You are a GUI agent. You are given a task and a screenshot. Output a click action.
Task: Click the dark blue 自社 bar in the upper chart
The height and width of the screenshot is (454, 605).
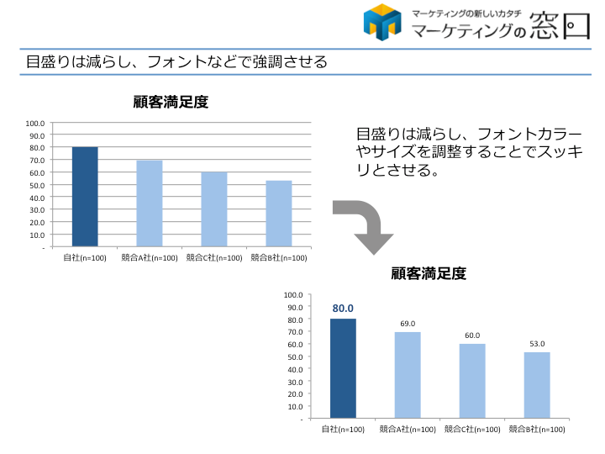click(x=85, y=197)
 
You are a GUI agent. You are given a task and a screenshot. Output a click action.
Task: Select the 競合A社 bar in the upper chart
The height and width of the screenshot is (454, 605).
click(x=150, y=203)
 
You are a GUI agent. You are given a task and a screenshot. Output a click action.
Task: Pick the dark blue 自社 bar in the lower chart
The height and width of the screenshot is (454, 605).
click(x=343, y=367)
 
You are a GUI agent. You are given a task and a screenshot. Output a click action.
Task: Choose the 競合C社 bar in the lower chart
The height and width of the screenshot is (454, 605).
click(x=472, y=380)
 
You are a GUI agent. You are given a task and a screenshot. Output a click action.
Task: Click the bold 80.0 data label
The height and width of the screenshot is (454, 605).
click(x=343, y=309)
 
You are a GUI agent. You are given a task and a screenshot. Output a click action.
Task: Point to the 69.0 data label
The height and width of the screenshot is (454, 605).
click(x=408, y=324)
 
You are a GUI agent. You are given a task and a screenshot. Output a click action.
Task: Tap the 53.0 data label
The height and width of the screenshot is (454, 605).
click(x=537, y=344)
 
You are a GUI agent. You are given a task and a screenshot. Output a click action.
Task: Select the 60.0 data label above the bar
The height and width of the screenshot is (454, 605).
click(x=472, y=335)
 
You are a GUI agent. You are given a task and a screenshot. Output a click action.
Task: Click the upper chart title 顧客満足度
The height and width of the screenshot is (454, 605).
click(x=171, y=103)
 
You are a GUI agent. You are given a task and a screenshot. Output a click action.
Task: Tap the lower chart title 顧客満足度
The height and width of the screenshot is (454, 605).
click(x=429, y=273)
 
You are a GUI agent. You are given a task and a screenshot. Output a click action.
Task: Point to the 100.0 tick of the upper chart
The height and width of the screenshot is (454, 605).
click(x=35, y=123)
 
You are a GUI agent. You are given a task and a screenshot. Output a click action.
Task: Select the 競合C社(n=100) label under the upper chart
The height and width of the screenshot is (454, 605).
click(x=214, y=258)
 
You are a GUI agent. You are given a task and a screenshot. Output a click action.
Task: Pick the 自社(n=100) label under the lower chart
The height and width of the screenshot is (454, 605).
click(x=343, y=429)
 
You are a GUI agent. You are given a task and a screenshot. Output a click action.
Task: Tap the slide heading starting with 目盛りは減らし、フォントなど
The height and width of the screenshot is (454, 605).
click(x=176, y=62)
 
